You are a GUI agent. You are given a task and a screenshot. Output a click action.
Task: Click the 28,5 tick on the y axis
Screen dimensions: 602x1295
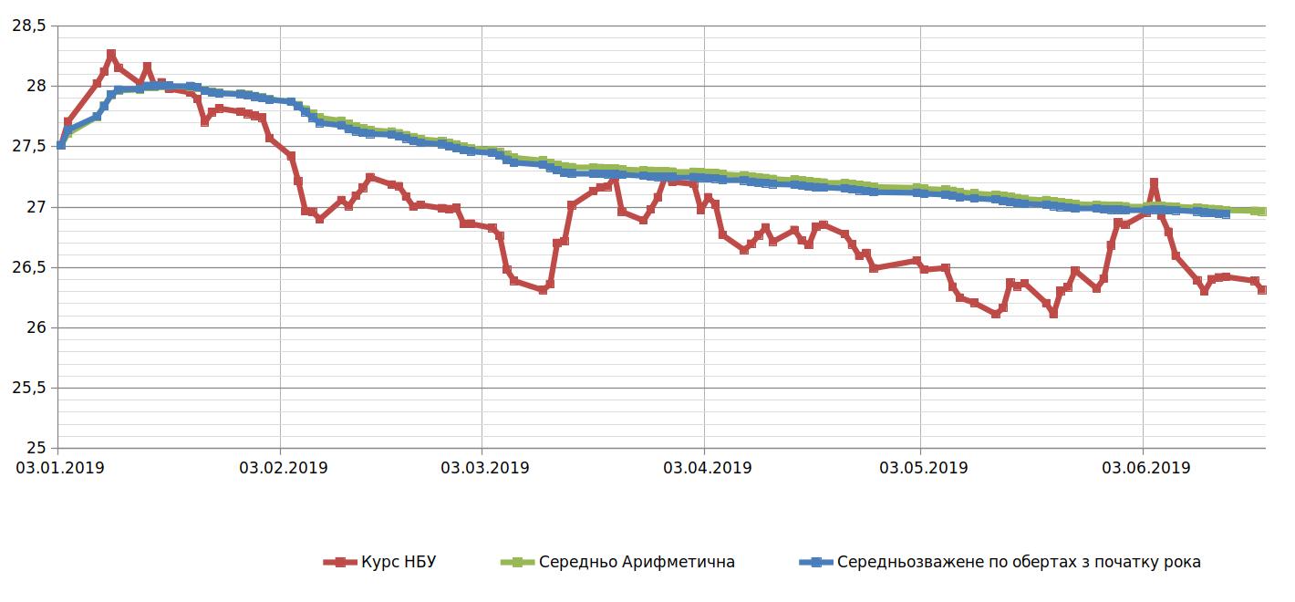27,26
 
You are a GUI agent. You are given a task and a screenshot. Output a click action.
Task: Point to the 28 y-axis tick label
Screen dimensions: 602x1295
34,86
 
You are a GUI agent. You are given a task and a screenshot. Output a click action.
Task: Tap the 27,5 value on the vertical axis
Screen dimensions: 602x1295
27,146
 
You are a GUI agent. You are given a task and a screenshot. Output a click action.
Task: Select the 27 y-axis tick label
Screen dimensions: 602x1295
34,207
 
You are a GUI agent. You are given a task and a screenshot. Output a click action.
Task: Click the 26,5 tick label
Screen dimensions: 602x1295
27,267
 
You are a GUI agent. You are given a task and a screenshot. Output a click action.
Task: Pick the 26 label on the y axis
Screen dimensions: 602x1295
34,327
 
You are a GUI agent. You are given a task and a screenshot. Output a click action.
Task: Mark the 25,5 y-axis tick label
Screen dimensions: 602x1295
27,388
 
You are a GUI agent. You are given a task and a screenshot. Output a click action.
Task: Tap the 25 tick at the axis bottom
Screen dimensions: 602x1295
34,448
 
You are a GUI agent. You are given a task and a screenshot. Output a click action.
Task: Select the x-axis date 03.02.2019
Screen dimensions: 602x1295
283,468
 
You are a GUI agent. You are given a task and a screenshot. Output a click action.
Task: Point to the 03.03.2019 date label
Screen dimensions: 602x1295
484,468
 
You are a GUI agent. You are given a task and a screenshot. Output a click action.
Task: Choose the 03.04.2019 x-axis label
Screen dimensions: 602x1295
707,468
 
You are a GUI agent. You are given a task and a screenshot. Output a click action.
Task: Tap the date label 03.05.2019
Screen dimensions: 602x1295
922,468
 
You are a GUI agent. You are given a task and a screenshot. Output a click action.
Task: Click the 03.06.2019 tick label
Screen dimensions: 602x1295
1145,468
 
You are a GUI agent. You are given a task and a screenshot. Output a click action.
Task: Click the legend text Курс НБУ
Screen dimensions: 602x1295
399,562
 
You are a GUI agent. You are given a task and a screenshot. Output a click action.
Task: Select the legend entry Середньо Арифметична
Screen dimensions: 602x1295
637,562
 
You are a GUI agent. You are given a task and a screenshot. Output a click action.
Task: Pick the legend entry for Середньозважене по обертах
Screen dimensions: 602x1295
1019,562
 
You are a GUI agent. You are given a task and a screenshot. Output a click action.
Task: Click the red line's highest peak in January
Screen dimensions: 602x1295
111,55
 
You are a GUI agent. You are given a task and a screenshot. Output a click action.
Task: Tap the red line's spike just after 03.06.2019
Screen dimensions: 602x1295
1154,183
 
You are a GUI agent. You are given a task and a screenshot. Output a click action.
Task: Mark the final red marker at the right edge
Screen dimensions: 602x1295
1262,289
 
